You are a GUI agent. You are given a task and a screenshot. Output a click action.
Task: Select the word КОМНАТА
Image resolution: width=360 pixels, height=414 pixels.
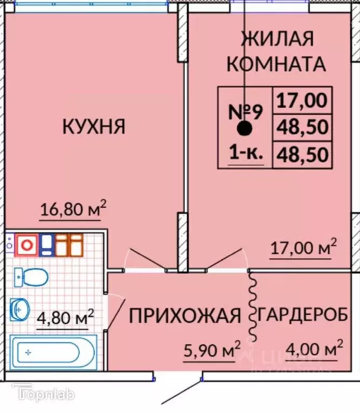point(276,64)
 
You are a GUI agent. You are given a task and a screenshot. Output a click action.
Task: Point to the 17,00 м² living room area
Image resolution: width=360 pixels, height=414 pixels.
point(303,249)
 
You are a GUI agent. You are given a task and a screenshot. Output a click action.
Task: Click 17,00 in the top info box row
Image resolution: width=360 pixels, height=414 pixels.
point(302,100)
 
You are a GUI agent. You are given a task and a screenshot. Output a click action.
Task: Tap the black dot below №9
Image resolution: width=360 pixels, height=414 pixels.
point(245,129)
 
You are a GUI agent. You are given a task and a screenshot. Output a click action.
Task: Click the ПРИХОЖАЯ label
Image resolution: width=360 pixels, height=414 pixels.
point(184,316)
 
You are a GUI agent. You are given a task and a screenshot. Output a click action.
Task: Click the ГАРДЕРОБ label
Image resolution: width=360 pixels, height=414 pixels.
point(302,316)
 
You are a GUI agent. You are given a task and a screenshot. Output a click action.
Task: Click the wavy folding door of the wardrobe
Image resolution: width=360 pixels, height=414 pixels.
point(252,306)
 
